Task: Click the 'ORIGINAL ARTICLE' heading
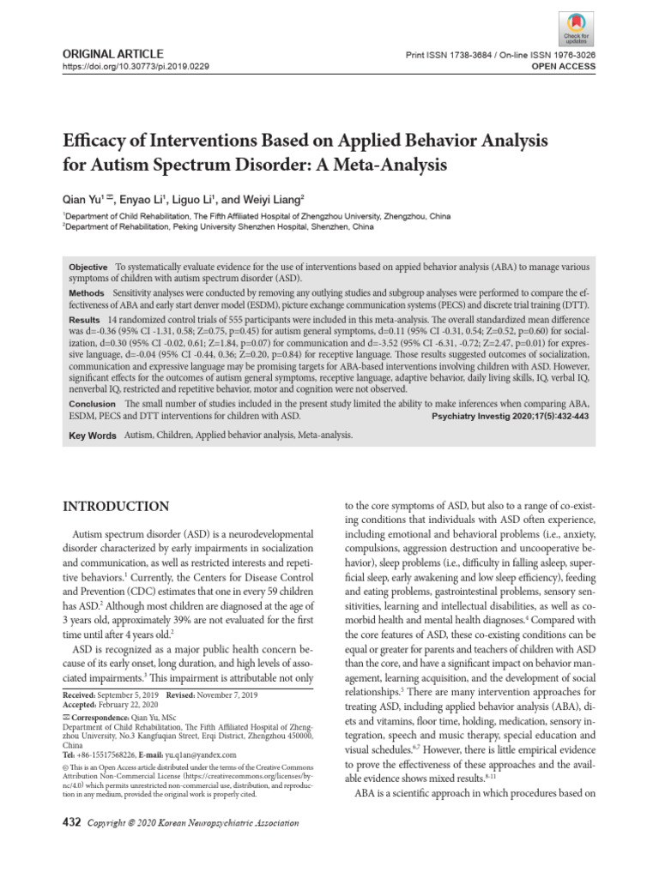(100, 53)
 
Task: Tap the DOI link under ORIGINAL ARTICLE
(135, 66)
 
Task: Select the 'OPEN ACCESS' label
(567, 66)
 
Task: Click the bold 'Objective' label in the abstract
(88, 268)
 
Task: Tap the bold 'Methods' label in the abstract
(87, 293)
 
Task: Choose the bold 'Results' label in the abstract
(84, 318)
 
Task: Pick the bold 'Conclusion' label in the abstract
(92, 403)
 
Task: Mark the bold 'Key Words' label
(92, 436)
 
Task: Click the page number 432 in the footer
(73, 823)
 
